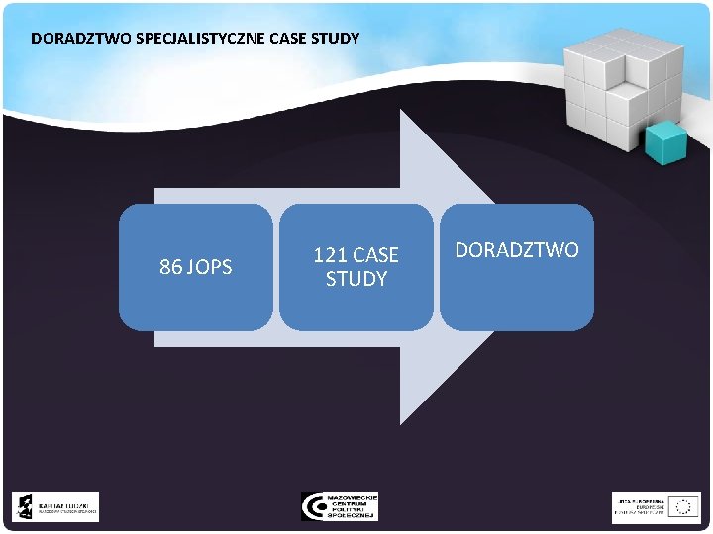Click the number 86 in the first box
pyautogui.click(x=170, y=267)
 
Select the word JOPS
pyautogui.click(x=208, y=267)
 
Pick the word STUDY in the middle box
pyautogui.click(x=356, y=280)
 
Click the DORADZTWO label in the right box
pyautogui.click(x=517, y=251)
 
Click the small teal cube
pyautogui.click(x=665, y=142)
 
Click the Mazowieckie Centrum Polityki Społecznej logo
pyautogui.click(x=340, y=506)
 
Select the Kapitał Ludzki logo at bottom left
pyautogui.click(x=55, y=507)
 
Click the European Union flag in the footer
pyautogui.click(x=683, y=507)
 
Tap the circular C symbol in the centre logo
pyautogui.click(x=313, y=506)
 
